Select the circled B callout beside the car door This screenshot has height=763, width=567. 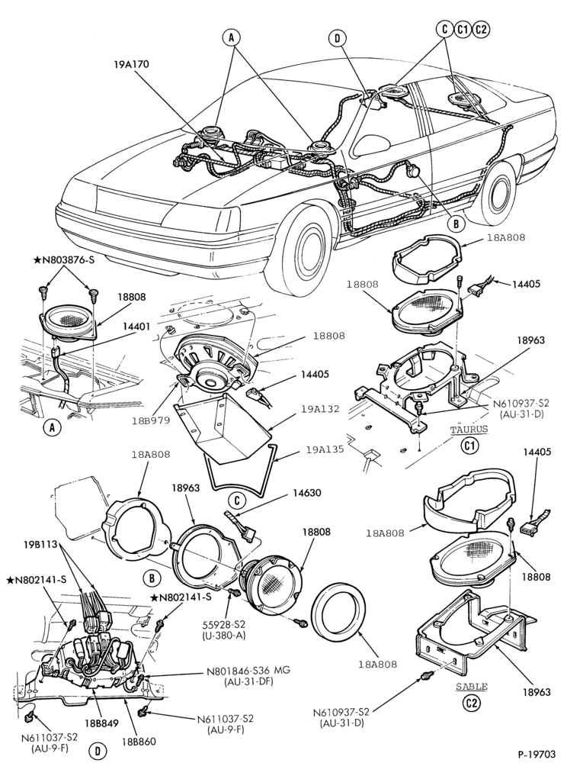click(x=456, y=224)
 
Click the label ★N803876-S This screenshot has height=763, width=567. click(x=64, y=260)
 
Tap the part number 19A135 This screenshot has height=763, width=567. click(x=325, y=449)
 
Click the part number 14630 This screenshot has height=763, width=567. click(x=306, y=493)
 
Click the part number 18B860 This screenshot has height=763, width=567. click(x=139, y=742)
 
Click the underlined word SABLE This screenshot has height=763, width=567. click(x=472, y=687)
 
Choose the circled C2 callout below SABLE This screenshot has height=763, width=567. click(x=471, y=703)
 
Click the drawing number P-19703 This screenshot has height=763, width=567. click(x=535, y=755)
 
